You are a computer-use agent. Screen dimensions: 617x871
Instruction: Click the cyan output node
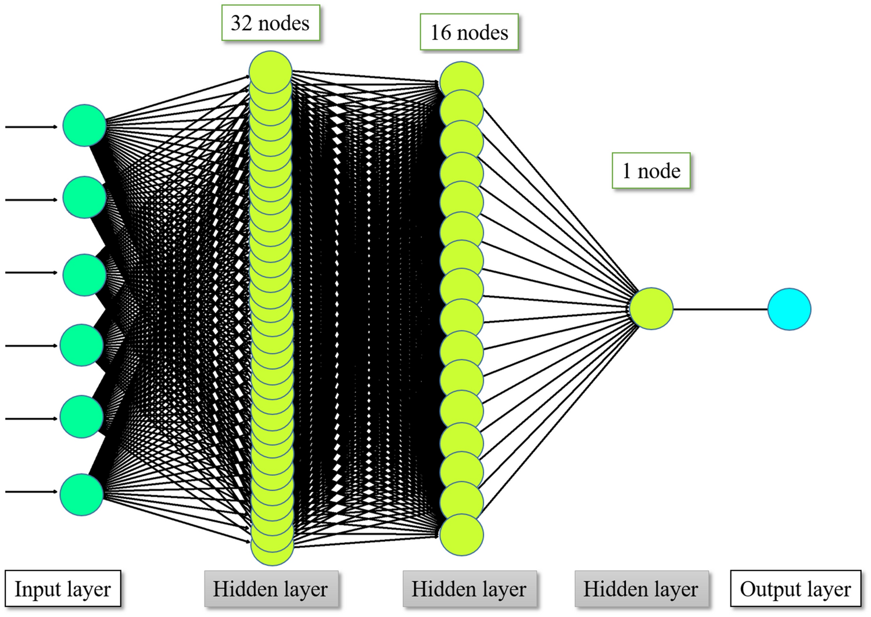click(x=788, y=309)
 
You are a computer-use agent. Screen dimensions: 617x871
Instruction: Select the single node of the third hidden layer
click(x=651, y=308)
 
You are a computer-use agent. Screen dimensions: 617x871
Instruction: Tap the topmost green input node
click(x=84, y=125)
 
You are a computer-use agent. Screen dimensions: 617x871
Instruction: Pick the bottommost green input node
click(x=81, y=494)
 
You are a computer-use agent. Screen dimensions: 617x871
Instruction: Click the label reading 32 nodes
click(x=270, y=23)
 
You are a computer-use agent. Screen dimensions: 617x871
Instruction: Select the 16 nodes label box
click(x=469, y=32)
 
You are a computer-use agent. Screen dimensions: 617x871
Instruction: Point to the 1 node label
click(x=651, y=171)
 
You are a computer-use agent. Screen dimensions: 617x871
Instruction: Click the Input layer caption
click(x=63, y=589)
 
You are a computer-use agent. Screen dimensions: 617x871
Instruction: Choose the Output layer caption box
click(x=795, y=589)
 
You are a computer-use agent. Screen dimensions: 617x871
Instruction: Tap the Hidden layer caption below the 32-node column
click(x=270, y=589)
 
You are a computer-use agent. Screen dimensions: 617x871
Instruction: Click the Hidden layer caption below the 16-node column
click(x=469, y=589)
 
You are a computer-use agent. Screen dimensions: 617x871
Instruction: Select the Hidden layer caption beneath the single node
click(x=641, y=589)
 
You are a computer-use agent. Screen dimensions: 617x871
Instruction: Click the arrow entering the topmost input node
click(x=32, y=126)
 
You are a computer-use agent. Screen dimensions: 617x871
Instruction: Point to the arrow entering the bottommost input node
click(x=32, y=492)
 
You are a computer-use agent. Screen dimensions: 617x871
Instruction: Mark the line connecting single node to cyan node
click(x=721, y=309)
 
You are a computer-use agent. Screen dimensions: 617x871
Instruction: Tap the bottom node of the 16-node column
click(x=461, y=535)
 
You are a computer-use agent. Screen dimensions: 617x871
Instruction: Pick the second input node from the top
click(x=84, y=198)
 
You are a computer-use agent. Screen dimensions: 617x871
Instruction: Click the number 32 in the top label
click(x=241, y=23)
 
